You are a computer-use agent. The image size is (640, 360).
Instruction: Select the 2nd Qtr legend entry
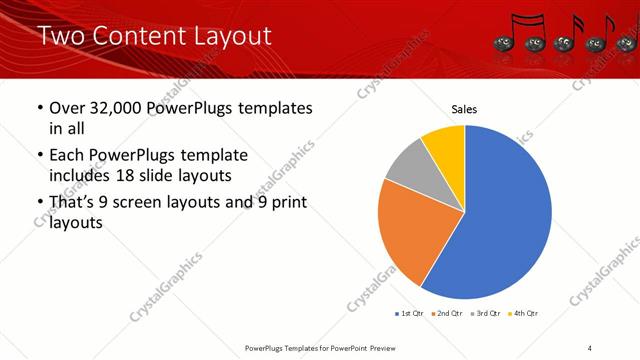pos(445,314)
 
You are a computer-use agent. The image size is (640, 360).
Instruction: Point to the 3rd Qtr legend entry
pos(484,314)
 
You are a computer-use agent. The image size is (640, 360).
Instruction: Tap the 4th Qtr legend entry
pos(522,314)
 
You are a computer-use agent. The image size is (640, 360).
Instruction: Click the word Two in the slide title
pos(63,36)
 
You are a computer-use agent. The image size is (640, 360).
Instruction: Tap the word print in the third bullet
pos(286,203)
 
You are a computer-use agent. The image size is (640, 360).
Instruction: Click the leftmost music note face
pos(503,43)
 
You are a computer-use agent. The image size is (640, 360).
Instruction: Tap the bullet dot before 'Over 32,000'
pos(39,108)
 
